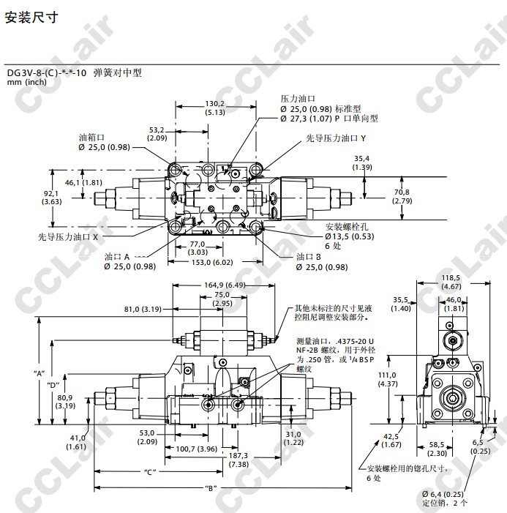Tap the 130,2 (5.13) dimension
(x=215, y=108)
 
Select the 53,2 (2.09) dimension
(x=158, y=133)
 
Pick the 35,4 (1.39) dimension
(x=361, y=162)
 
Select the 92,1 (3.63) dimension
(x=51, y=197)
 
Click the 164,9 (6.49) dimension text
(x=224, y=285)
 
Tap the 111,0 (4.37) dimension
(x=388, y=378)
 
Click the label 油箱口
(x=92, y=137)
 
